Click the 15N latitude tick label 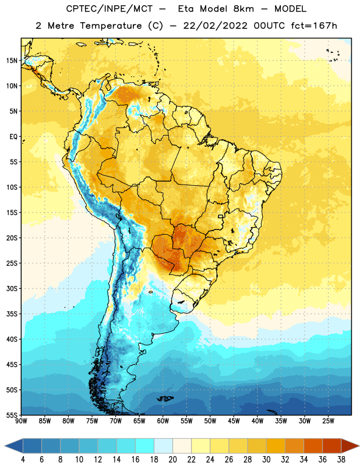click(12, 61)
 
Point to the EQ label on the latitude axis click(13, 137)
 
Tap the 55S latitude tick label click(12, 415)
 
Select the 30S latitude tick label click(12, 288)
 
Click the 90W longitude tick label click(21, 421)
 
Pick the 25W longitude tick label click(328, 421)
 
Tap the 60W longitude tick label click(163, 421)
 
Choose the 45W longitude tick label click(234, 421)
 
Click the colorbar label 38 click(341, 460)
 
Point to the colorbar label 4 click(23, 460)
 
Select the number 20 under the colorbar click(172, 460)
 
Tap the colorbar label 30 click(266, 460)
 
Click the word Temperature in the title click(111, 26)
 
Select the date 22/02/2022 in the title click(215, 26)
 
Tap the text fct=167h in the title click(314, 26)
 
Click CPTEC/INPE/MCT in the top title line click(110, 9)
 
